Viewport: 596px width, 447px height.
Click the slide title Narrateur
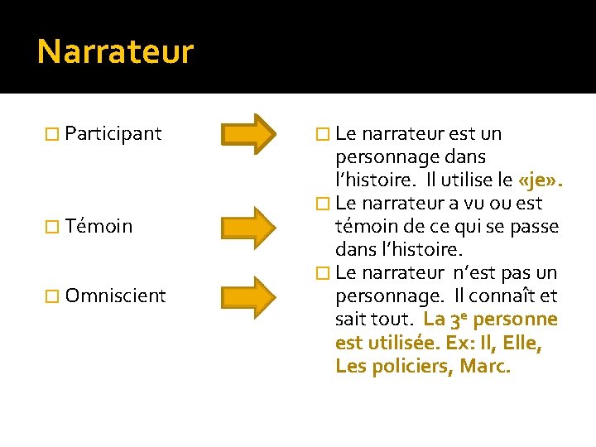(115, 52)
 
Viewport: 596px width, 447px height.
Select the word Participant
(113, 133)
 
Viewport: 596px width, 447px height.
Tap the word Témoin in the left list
(99, 226)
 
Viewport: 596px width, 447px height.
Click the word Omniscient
(115, 296)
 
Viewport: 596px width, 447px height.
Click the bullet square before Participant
(51, 134)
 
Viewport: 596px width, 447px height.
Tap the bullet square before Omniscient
(51, 296)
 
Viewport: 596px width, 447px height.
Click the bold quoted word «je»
(539, 180)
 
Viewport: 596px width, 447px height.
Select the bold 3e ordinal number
(460, 320)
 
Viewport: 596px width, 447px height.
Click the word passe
(536, 226)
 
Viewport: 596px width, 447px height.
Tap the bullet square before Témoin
(51, 227)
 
